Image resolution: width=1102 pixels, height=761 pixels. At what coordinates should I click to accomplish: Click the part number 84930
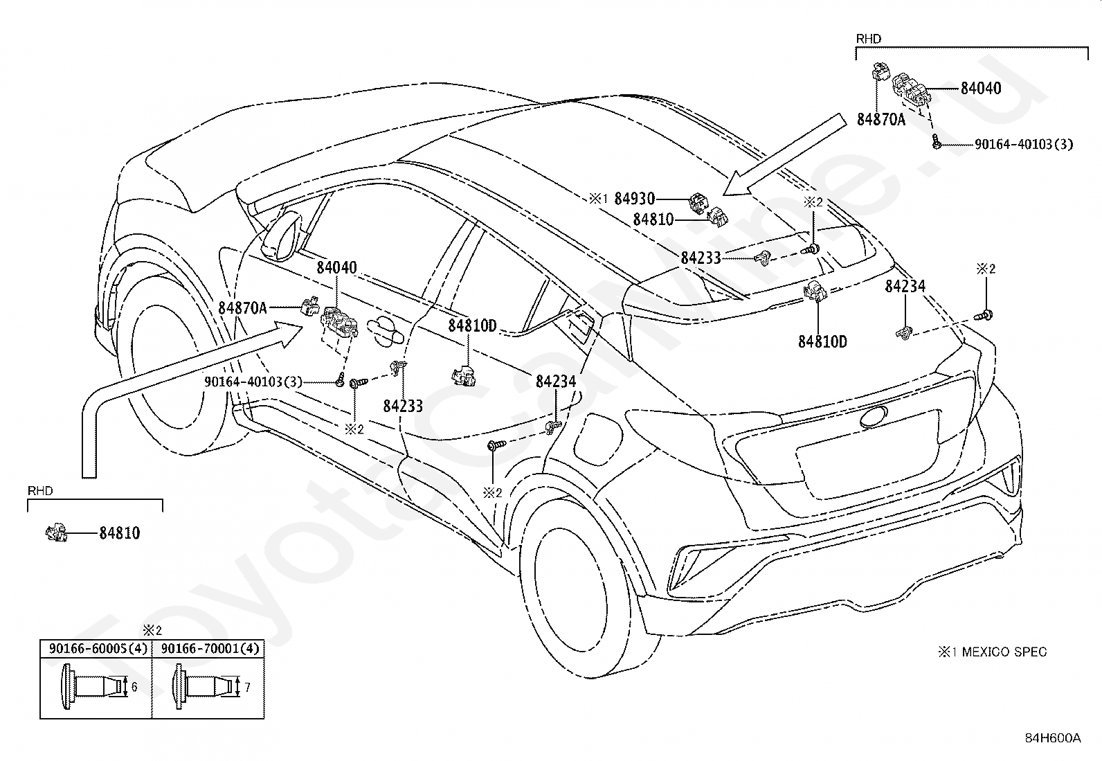coord(635,199)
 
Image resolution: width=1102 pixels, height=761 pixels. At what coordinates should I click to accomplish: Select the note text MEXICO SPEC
coord(1004,652)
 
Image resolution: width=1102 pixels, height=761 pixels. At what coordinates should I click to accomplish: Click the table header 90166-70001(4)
coord(210,649)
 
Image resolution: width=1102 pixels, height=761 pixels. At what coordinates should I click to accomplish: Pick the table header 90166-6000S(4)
coord(98,649)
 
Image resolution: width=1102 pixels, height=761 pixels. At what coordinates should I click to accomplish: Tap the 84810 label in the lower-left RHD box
coord(120,533)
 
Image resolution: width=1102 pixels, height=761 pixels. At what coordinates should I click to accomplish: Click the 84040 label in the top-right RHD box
coord(981,88)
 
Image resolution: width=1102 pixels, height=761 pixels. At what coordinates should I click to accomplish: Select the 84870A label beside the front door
coord(242,308)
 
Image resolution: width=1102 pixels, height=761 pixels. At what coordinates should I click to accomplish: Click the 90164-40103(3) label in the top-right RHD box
coord(1024,144)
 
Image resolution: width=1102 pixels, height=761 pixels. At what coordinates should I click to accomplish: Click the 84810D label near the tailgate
coord(822,341)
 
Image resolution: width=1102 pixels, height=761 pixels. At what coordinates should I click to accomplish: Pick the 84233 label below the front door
coord(403,406)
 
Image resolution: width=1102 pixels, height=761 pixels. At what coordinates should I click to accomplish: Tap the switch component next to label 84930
coord(698,204)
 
